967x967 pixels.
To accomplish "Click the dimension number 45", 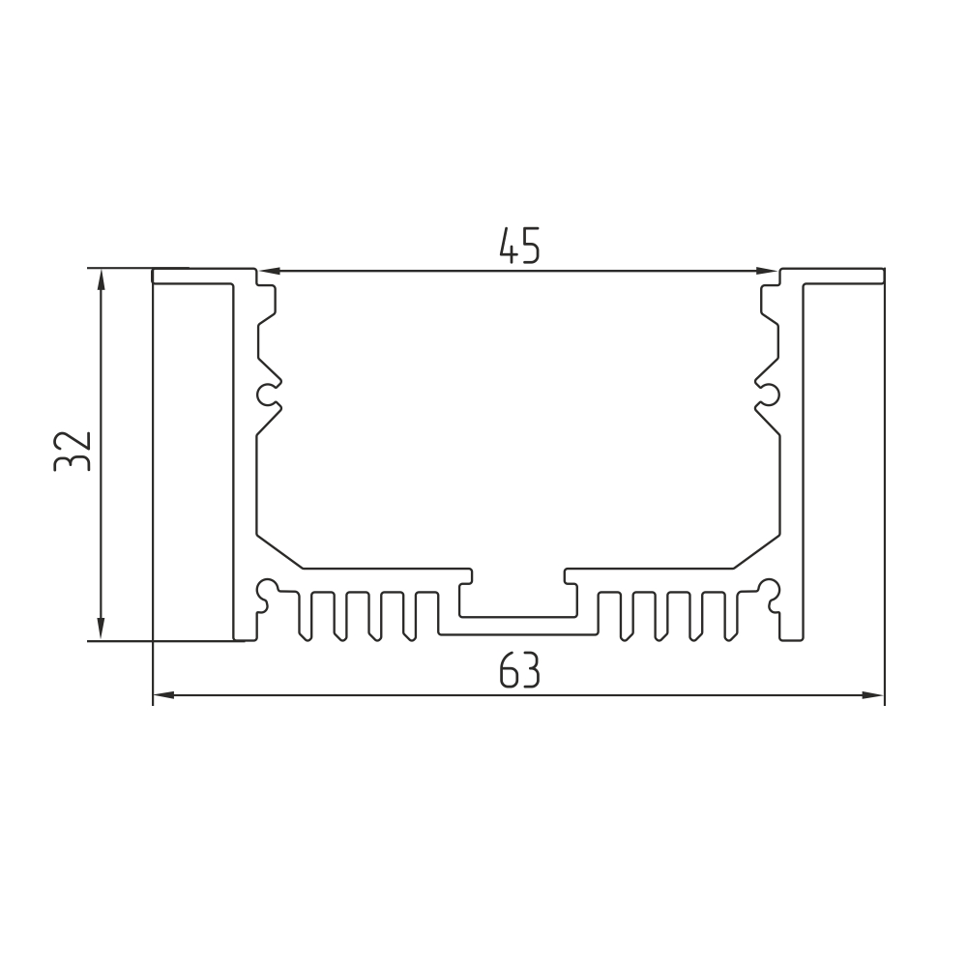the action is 519,246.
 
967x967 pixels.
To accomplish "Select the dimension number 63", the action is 519,670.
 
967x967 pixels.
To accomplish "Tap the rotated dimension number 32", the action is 73,452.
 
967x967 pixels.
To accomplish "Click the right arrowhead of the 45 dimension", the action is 767,271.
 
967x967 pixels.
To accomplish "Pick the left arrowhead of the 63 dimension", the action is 164,695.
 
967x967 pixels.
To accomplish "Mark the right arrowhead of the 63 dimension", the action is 872,695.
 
